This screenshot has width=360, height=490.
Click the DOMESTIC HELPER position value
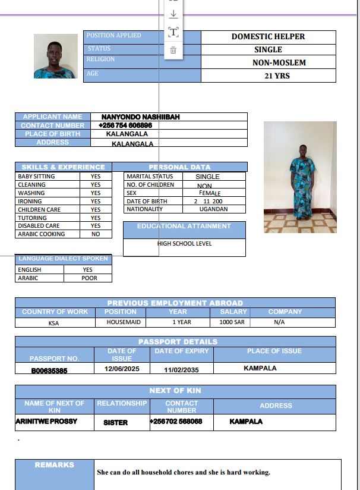pos(268,36)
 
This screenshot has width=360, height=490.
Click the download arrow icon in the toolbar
pos(173,14)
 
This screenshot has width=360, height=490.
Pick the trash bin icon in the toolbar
pos(173,50)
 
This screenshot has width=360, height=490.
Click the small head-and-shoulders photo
pos(56,56)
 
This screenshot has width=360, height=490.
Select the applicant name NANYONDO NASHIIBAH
pos(140,117)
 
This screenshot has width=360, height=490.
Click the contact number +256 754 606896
pos(125,125)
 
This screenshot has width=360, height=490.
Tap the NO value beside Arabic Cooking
pos(96,234)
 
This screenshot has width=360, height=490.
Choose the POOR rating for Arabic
pos(89,278)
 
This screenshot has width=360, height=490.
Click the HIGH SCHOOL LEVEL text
pos(184,244)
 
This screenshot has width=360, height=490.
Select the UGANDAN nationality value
pos(213,209)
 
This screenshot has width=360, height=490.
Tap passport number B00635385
pos(49,370)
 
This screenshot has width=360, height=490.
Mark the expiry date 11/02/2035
pos(181,369)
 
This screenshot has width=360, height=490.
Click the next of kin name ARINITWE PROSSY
pos(46,422)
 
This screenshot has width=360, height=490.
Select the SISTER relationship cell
pos(116,422)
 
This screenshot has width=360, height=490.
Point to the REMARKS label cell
pos(54,465)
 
